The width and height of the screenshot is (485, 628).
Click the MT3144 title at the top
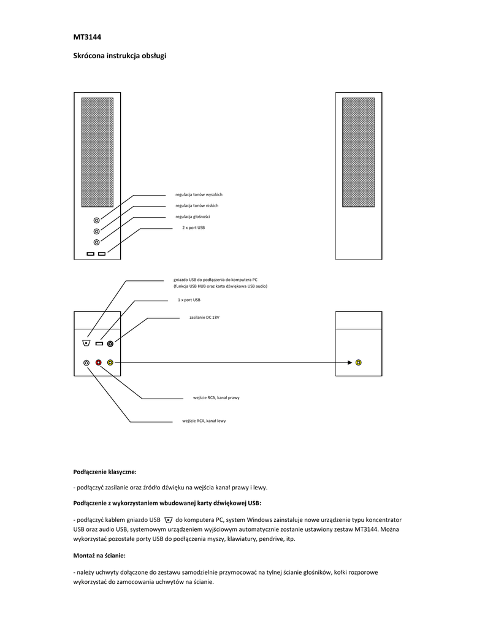click(87, 37)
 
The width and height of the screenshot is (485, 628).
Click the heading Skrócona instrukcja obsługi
click(120, 56)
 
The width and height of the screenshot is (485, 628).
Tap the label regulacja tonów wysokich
click(199, 194)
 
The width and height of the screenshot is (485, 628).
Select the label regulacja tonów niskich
click(196, 205)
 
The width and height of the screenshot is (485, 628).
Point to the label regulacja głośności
click(193, 216)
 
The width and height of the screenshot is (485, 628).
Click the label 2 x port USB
click(193, 228)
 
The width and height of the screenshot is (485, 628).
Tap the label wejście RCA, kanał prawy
click(216, 397)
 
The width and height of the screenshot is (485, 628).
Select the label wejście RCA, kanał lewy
click(204, 421)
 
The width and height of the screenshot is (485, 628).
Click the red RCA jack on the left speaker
click(98, 362)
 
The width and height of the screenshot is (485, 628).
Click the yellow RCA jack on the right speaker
click(358, 362)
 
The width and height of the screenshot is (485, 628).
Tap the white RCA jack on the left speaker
click(86, 362)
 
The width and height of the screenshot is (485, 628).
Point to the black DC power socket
click(110, 343)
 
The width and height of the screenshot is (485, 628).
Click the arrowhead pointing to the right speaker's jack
click(350, 362)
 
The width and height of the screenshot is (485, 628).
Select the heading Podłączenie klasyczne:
click(105, 472)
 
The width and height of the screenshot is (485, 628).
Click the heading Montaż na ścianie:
click(99, 556)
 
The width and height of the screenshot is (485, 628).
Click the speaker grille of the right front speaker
click(359, 153)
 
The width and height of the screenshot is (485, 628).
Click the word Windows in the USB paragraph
click(259, 519)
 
